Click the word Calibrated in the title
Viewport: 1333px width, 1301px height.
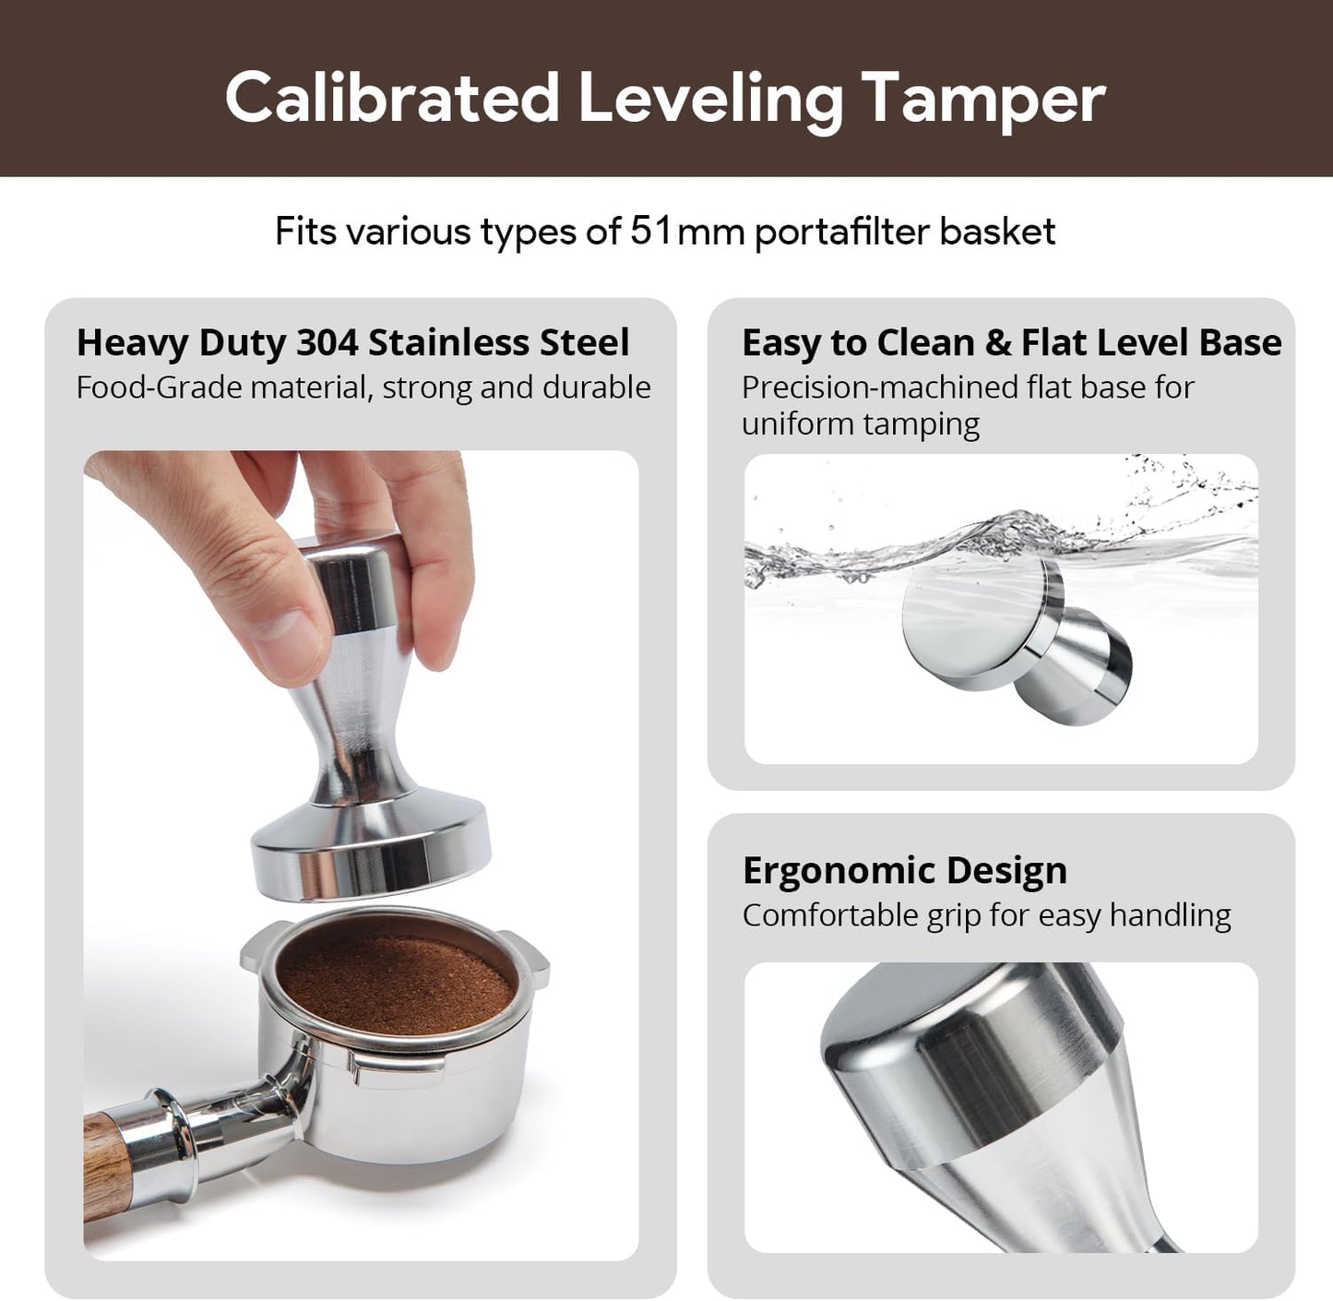pos(392,98)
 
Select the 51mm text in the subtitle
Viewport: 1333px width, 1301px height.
pos(687,231)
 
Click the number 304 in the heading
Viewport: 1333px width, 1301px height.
pos(327,342)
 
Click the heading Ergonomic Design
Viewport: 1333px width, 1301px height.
pos(904,870)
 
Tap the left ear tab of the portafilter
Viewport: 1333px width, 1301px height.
pos(256,950)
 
